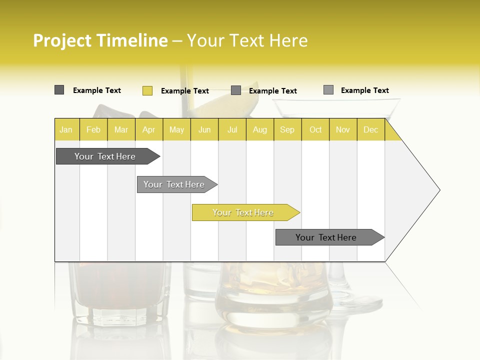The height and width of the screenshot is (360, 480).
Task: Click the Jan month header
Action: click(66, 130)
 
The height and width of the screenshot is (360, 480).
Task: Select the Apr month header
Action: click(149, 130)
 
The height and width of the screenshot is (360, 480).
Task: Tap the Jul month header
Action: click(232, 130)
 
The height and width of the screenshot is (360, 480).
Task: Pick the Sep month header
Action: click(287, 130)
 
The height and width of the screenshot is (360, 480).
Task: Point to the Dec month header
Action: click(370, 130)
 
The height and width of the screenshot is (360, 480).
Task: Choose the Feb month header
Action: click(93, 130)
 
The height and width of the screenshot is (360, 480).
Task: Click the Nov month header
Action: click(343, 130)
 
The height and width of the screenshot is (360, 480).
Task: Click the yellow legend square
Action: click(147, 90)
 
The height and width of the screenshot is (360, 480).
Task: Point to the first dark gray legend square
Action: click(59, 90)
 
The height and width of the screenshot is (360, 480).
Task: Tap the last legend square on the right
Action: click(328, 90)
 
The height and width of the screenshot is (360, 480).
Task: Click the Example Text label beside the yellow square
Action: click(185, 91)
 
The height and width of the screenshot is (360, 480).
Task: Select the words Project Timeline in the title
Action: click(100, 40)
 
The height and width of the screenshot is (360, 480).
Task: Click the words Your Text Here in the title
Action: click(247, 40)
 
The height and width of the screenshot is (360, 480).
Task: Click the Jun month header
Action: click(204, 130)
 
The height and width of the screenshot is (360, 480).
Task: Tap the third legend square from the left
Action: click(236, 90)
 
